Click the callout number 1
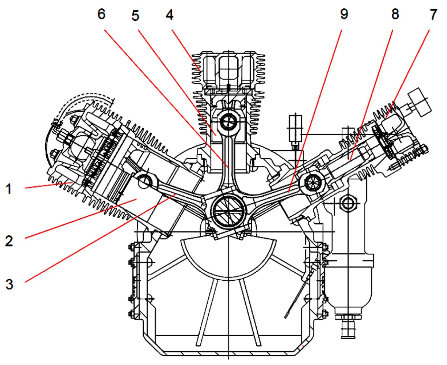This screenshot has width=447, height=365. click(x=9, y=189)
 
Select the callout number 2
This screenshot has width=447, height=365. click(x=9, y=241)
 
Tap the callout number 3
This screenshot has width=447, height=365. click(x=9, y=284)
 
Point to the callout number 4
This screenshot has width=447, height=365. click(x=169, y=15)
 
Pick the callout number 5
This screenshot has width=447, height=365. click(x=135, y=16)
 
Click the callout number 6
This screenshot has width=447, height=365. click(x=101, y=14)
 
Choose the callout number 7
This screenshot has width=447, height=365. click(x=433, y=15)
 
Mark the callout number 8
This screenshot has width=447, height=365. click(x=395, y=14)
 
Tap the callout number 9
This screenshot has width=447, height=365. click(x=344, y=14)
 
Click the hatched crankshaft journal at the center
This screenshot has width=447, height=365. click(x=228, y=210)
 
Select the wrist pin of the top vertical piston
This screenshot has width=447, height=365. click(x=228, y=121)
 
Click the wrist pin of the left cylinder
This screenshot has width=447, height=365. click(x=144, y=180)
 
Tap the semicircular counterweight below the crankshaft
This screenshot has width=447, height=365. click(x=228, y=256)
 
